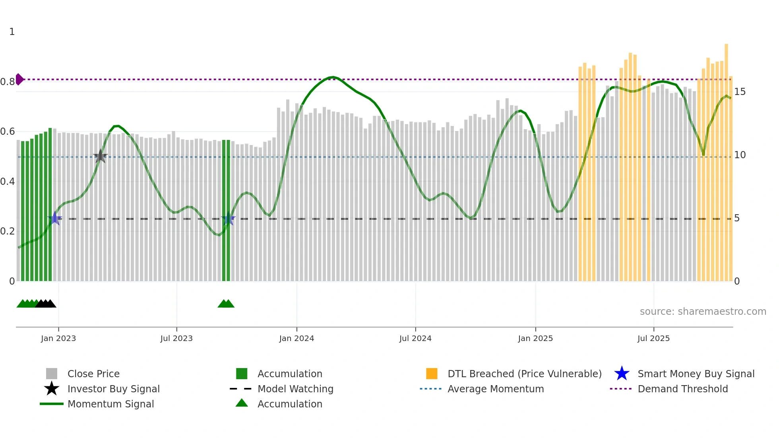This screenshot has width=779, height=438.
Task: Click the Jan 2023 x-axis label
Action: tap(58, 338)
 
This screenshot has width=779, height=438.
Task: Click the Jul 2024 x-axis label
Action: tap(415, 338)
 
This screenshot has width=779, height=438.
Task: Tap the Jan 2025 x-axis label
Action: tap(535, 338)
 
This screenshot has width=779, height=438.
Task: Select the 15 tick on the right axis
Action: tap(740, 92)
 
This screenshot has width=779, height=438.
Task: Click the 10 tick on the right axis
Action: tap(740, 155)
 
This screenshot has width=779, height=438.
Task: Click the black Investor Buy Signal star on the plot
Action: tap(100, 156)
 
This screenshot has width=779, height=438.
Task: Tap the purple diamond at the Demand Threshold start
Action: tap(19, 79)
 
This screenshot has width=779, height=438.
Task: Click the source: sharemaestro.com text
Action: tap(703, 312)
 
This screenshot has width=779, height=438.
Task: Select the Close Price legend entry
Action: tap(93, 374)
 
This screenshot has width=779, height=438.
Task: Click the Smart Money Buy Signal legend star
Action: tap(622, 374)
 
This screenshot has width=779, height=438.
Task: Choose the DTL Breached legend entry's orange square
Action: tap(432, 374)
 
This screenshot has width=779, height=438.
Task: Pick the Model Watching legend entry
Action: tap(295, 389)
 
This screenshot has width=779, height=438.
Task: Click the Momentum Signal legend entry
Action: tap(110, 404)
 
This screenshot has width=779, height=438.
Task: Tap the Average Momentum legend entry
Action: tap(496, 389)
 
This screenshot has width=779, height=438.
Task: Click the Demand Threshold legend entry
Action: tap(682, 389)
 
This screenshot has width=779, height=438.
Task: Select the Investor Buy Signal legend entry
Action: tap(113, 389)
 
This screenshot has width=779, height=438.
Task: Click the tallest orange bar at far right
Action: tap(726, 159)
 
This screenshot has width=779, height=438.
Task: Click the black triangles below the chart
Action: tap(45, 304)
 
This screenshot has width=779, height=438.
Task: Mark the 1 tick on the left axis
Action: tap(12, 32)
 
